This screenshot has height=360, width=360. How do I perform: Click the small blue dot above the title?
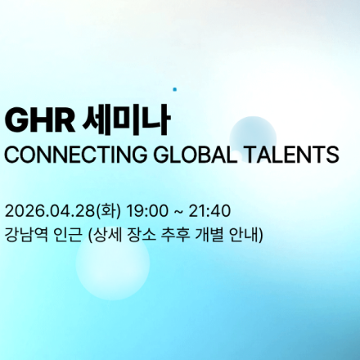click(174, 88)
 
